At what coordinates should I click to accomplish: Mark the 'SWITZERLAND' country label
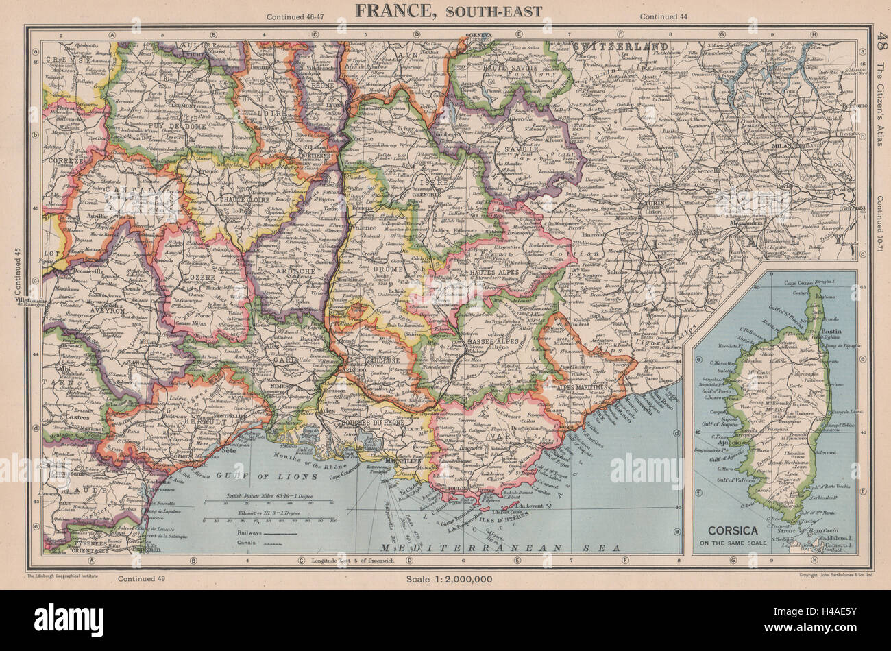click(613, 46)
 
